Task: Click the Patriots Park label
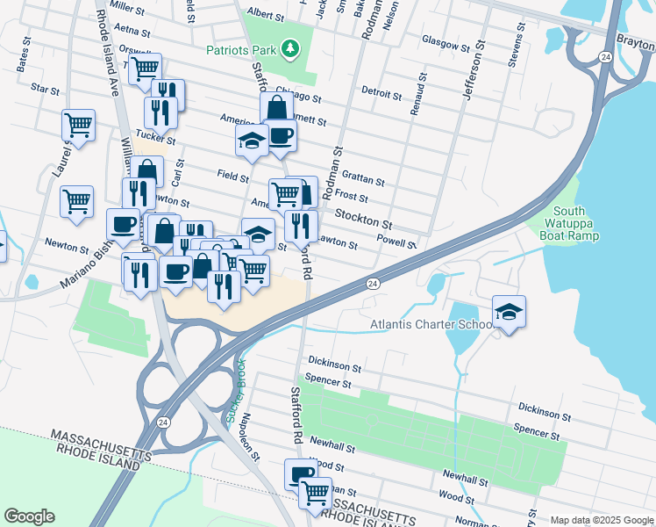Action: [x=241, y=50]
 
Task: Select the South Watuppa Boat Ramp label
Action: [x=575, y=223]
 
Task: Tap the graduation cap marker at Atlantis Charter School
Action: [x=508, y=312]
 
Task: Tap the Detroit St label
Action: [x=381, y=92]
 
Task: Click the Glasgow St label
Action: [x=446, y=40]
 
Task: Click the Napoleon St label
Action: [x=251, y=437]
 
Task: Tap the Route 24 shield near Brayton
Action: [x=605, y=57]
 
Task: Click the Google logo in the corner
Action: [x=29, y=516]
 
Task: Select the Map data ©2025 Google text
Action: [x=601, y=520]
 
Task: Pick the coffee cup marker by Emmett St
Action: [x=281, y=136]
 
